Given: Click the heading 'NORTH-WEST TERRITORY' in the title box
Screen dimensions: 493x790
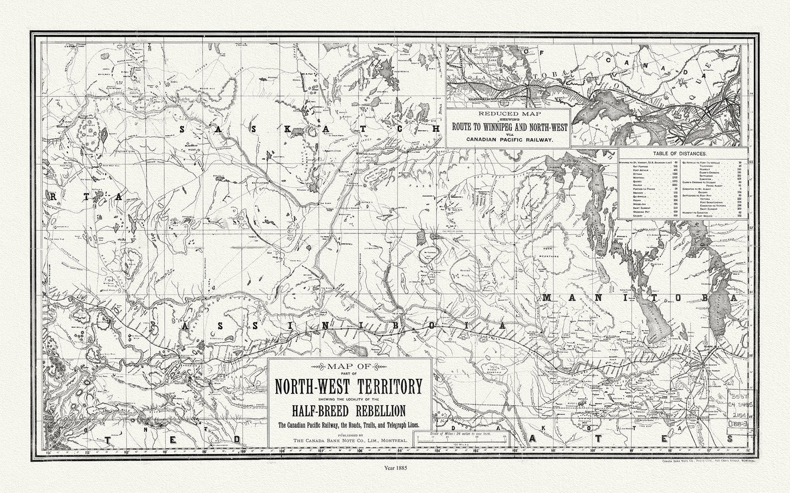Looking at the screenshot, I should (348, 387).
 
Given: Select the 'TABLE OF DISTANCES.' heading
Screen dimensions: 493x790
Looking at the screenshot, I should (682, 155).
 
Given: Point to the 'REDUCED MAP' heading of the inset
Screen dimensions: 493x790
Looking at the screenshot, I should (508, 114).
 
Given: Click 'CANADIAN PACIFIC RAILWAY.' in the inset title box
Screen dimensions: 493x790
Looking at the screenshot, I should (508, 140).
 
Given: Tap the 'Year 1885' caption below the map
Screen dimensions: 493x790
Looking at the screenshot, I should (395, 468).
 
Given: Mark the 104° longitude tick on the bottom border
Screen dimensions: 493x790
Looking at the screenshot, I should (437, 451).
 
